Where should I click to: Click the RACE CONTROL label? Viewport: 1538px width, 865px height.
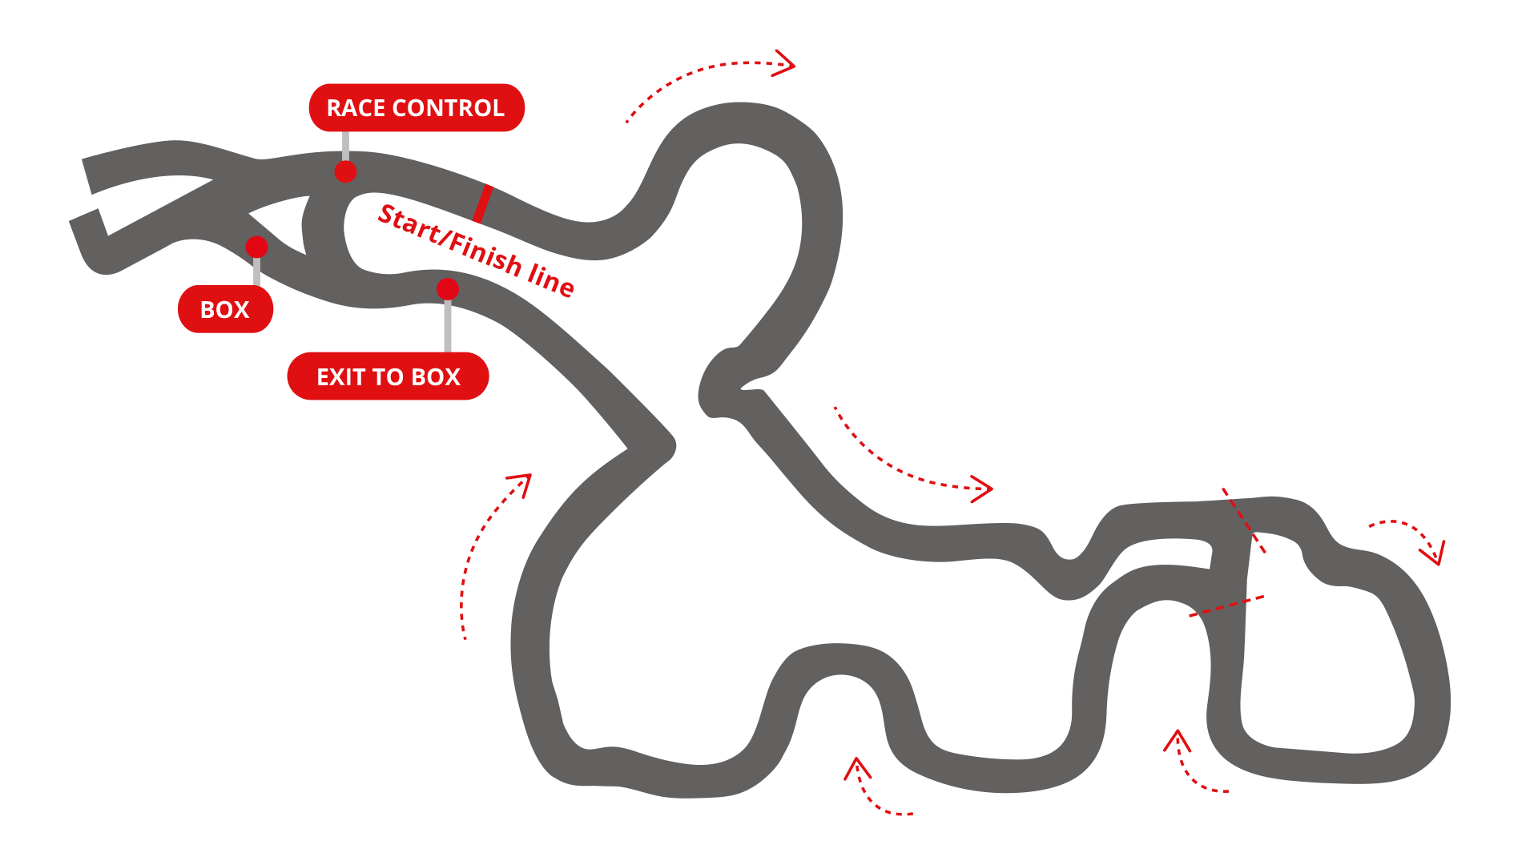coord(417,108)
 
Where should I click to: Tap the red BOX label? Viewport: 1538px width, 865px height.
coord(225,309)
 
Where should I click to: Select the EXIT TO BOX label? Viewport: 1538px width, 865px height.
coord(388,376)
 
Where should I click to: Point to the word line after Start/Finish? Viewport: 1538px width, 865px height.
coord(551,278)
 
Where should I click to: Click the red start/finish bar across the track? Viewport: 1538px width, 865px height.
coord(482,203)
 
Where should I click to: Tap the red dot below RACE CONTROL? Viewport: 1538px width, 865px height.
coord(345,171)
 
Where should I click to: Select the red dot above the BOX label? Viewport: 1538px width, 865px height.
coord(256,247)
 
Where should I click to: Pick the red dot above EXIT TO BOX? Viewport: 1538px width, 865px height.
coord(448,289)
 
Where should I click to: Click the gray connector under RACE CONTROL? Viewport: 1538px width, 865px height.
coord(345,146)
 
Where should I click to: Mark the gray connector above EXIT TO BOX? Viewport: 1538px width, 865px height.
coord(448,325)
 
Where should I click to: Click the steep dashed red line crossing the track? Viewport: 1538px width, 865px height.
coord(1243,520)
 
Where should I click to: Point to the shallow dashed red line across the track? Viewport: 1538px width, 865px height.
coord(1226,605)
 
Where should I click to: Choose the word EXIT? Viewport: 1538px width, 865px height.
coord(341,376)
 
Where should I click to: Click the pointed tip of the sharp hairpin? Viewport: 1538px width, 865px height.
coord(671,447)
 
